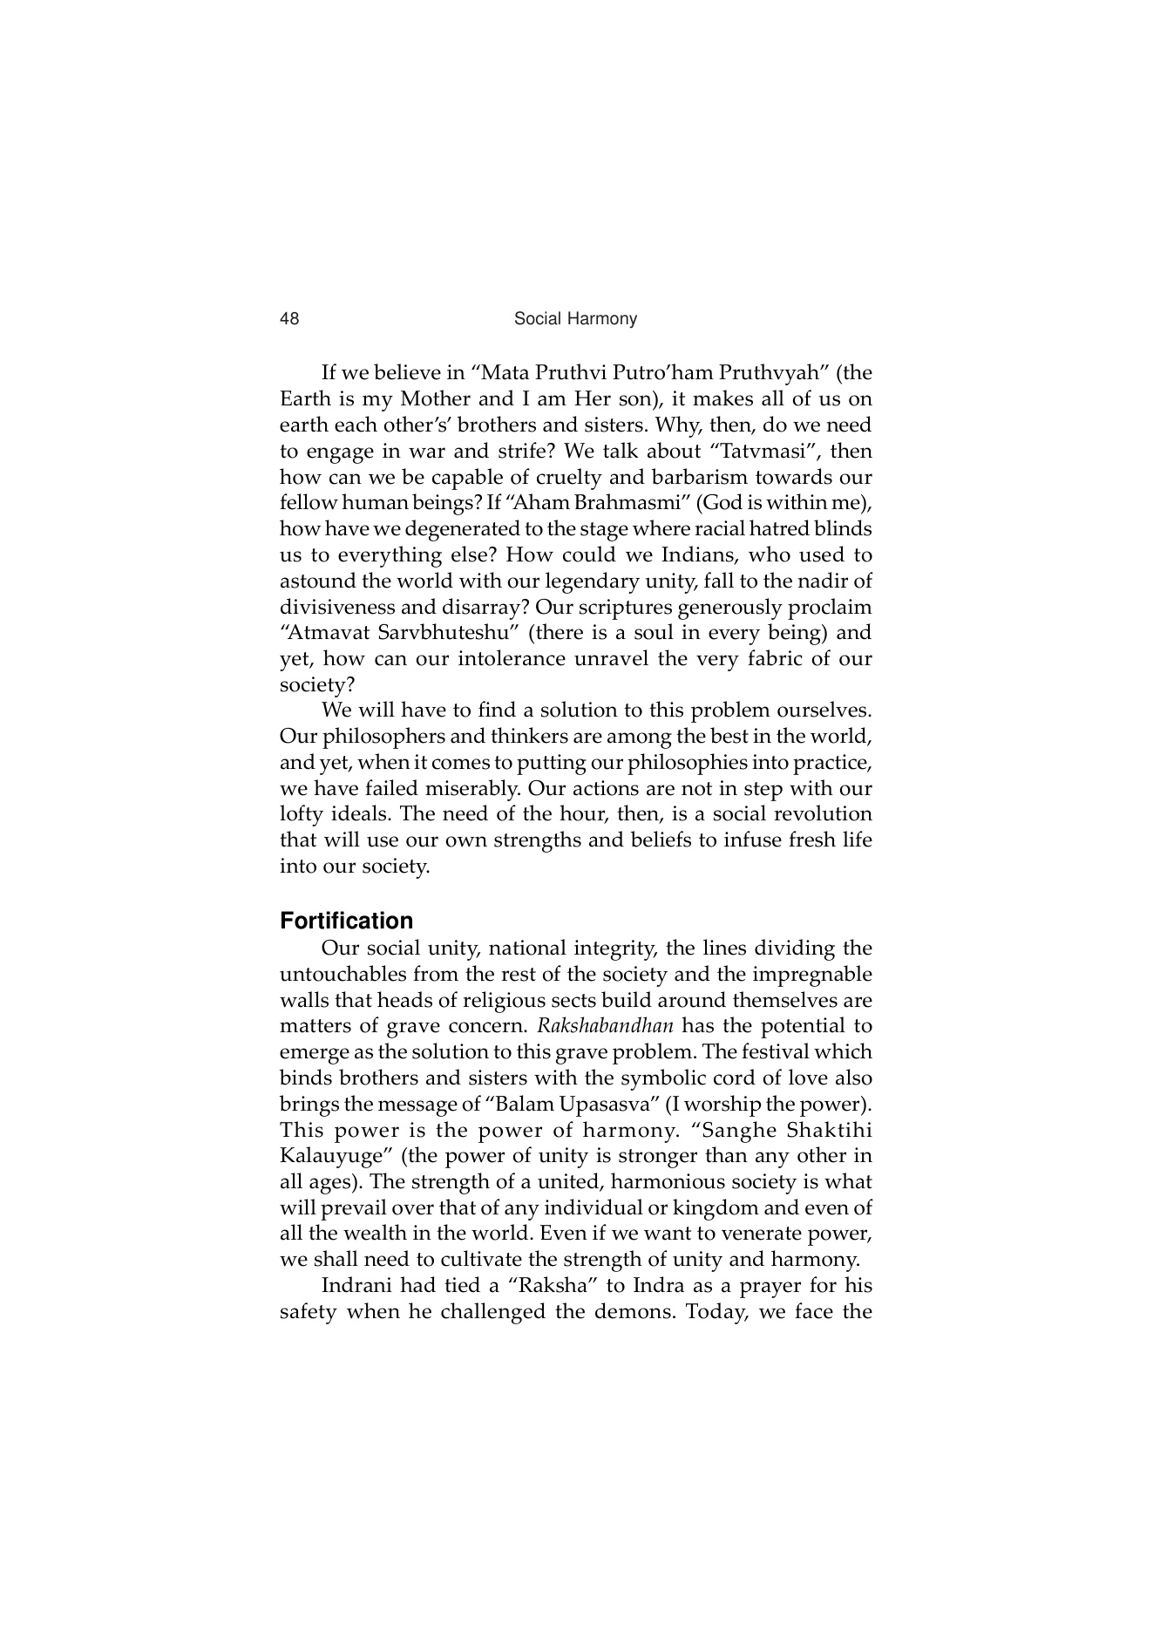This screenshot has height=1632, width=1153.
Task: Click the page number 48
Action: (288, 319)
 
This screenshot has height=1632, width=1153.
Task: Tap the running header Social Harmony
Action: (575, 319)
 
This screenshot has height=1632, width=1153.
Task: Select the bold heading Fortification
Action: (346, 921)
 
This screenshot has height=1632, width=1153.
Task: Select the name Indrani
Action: (354, 1286)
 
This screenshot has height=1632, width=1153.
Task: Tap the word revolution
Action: (819, 814)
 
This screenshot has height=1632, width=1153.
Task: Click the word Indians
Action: (695, 555)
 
